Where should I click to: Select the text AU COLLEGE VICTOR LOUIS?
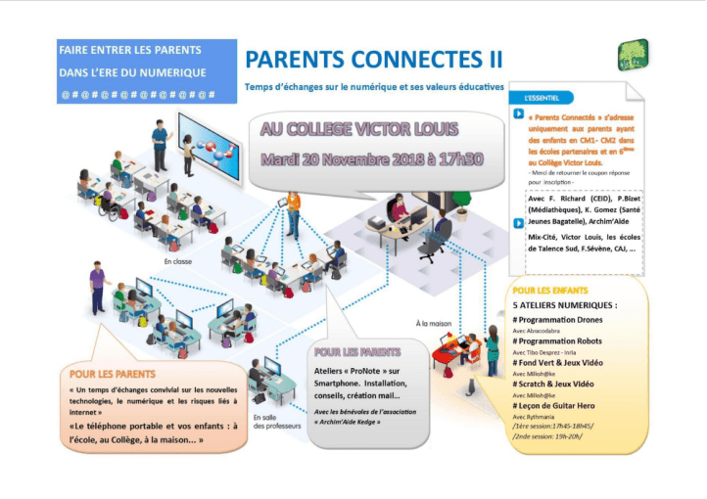[358, 129]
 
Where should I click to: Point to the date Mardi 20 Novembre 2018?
[332, 158]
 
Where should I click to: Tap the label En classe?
[179, 262]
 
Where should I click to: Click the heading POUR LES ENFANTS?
[549, 291]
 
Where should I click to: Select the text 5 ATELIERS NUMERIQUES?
[564, 305]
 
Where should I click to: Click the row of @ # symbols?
[137, 94]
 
